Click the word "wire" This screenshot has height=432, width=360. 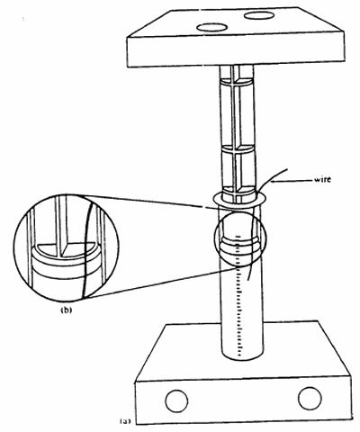322,179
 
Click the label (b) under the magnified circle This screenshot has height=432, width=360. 67,310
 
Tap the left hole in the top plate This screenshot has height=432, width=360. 211,28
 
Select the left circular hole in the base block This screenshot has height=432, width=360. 176,401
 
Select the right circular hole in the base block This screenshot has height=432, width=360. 310,398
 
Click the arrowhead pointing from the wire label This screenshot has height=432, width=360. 273,181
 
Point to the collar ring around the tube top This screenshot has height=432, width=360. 239,199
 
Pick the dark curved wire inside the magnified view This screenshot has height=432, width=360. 85,249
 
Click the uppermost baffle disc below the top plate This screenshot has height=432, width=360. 237,82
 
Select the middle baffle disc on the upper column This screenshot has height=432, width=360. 238,149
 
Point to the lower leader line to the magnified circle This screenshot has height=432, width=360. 162,283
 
